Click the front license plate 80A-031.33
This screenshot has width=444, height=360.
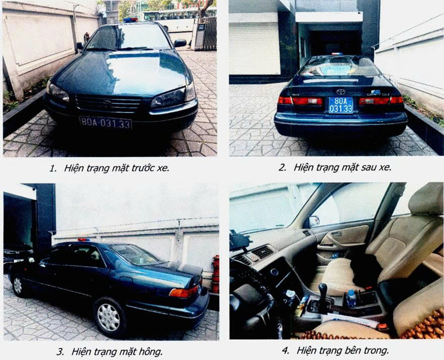tap(106, 123)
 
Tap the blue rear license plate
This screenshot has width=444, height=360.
tap(341, 105)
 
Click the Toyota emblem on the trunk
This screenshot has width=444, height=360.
tap(341, 92)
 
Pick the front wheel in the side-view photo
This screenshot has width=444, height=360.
tap(18, 285)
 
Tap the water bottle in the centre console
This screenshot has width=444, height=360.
tap(351, 298)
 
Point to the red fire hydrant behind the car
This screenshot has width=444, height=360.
tap(215, 274)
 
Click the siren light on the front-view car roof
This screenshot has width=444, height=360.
tap(131, 20)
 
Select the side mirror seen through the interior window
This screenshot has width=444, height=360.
tap(314, 221)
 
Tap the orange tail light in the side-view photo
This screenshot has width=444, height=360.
tap(184, 292)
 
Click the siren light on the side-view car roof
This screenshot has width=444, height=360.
tap(84, 239)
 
